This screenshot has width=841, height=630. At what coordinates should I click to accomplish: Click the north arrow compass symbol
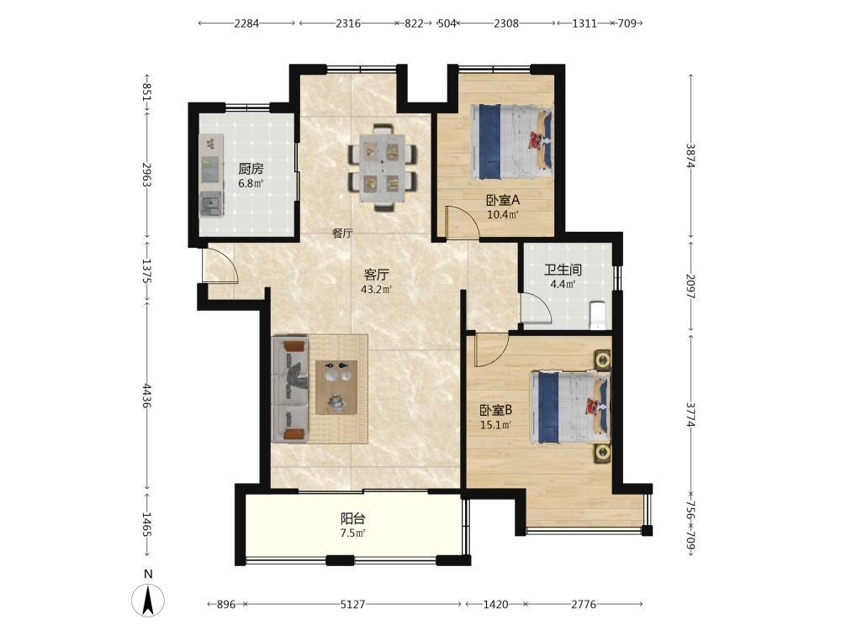pyautogui.click(x=148, y=600)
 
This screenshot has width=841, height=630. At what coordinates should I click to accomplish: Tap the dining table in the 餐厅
pyautogui.click(x=382, y=167)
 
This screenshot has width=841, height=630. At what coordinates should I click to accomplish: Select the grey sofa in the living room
pyautogui.click(x=290, y=389)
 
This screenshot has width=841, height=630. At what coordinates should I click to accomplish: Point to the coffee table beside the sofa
pyautogui.click(x=336, y=387)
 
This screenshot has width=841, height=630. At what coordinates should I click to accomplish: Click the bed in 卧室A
pyautogui.click(x=511, y=142)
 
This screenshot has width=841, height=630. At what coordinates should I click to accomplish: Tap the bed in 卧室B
pyautogui.click(x=570, y=407)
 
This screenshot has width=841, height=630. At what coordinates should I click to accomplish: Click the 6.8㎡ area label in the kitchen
pyautogui.click(x=251, y=183)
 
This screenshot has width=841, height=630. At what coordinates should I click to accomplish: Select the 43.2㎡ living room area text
pyautogui.click(x=376, y=290)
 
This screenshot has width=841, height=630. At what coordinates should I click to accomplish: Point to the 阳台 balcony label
pyautogui.click(x=353, y=518)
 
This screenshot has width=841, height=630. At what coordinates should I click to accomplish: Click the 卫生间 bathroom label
pyautogui.click(x=563, y=270)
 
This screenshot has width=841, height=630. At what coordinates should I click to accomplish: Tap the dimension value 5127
pyautogui.click(x=352, y=604)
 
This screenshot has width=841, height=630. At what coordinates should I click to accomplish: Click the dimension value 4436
pyautogui.click(x=146, y=396)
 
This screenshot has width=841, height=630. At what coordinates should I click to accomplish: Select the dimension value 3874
pyautogui.click(x=690, y=155)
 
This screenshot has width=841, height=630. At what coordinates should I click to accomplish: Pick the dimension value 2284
pyautogui.click(x=246, y=23)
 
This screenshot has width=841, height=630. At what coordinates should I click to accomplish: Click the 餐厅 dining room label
pyautogui.click(x=342, y=234)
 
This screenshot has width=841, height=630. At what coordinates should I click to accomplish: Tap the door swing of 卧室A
pyautogui.click(x=463, y=221)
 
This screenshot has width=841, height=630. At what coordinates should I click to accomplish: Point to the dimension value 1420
pyautogui.click(x=495, y=604)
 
